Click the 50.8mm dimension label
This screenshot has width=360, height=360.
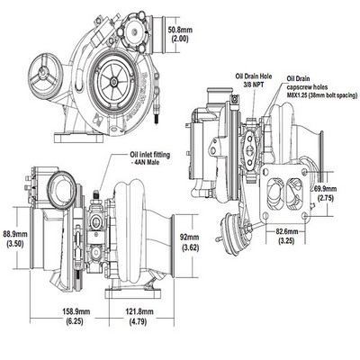pos(180,30)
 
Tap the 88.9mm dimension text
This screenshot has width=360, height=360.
pos(14,234)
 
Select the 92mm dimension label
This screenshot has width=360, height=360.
pos(190,238)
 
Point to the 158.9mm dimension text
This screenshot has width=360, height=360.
pos(76,311)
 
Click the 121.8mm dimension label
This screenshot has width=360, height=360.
pos(139,311)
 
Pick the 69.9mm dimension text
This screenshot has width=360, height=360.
pos(325,189)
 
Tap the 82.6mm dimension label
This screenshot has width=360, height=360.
pos(286,231)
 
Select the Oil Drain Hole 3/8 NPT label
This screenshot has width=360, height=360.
pos(254,80)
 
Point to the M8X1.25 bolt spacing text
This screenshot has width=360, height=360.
pos(322,95)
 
